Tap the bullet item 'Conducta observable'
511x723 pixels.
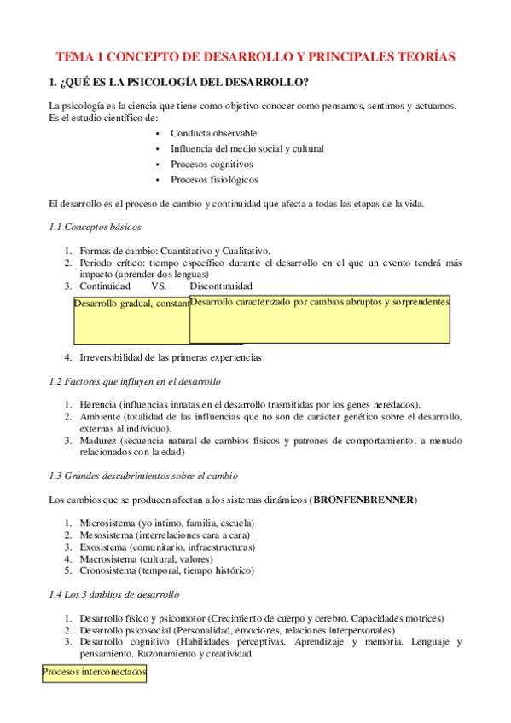point(213,134)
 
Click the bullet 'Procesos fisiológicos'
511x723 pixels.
point(214,180)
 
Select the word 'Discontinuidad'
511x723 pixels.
point(221,286)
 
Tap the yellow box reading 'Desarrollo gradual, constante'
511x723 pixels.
point(131,322)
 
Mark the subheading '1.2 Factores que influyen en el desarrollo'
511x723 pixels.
point(135,381)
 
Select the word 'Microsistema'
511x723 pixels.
point(107,523)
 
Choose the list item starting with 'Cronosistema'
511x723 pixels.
point(166,570)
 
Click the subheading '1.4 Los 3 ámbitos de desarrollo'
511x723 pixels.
point(114,593)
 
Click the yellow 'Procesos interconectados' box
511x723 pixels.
point(95,673)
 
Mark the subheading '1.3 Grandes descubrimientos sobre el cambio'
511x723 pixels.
point(143,475)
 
